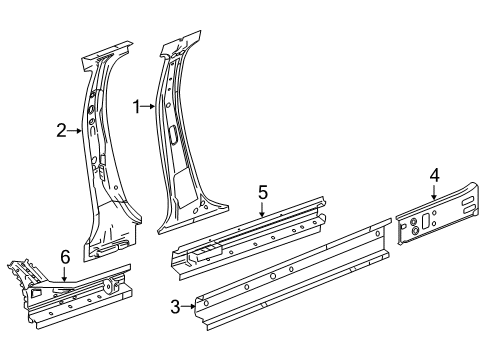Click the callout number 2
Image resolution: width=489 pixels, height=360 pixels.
(x=61, y=129)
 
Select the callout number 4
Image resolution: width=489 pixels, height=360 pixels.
(x=434, y=176)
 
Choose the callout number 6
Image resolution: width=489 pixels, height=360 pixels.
(x=64, y=258)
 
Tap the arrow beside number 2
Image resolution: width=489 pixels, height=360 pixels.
(x=74, y=129)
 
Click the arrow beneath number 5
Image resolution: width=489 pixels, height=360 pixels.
(x=262, y=211)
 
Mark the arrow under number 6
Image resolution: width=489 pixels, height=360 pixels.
(x=64, y=274)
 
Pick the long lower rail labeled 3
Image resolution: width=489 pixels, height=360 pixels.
(x=290, y=285)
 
